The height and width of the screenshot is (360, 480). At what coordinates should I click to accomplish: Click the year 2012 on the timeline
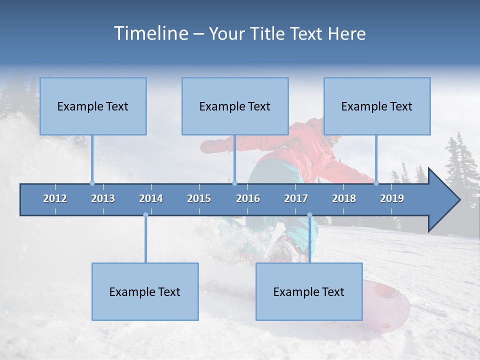(x=55, y=198)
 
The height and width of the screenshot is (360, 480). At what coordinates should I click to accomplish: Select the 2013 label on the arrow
(x=103, y=198)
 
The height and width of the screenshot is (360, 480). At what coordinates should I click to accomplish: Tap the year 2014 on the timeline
(x=151, y=198)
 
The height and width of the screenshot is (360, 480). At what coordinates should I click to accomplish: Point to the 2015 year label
(x=199, y=198)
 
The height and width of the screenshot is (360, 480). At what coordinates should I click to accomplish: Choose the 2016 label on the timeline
(x=248, y=198)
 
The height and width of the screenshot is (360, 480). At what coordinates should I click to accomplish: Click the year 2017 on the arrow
(x=296, y=198)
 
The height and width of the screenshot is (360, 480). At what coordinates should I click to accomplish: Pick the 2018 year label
(x=344, y=198)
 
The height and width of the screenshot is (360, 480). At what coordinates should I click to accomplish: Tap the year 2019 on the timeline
(x=392, y=198)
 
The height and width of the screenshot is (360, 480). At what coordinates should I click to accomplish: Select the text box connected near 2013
(x=93, y=106)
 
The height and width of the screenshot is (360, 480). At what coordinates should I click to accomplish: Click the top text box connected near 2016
(x=235, y=106)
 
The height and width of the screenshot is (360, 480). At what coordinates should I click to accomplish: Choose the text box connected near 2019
(x=377, y=106)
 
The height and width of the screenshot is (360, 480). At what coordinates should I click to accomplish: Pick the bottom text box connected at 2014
(x=145, y=291)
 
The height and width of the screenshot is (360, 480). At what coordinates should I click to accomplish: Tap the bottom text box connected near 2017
(x=309, y=291)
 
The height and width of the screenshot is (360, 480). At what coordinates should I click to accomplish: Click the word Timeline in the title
(x=150, y=33)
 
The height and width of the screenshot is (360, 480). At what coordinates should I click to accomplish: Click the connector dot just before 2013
(x=92, y=183)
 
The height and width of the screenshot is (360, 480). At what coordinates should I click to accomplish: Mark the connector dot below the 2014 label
(x=145, y=215)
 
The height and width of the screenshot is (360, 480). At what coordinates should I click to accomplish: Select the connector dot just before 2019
(x=376, y=183)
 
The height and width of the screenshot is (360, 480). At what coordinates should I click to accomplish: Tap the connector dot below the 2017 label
(x=309, y=215)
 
